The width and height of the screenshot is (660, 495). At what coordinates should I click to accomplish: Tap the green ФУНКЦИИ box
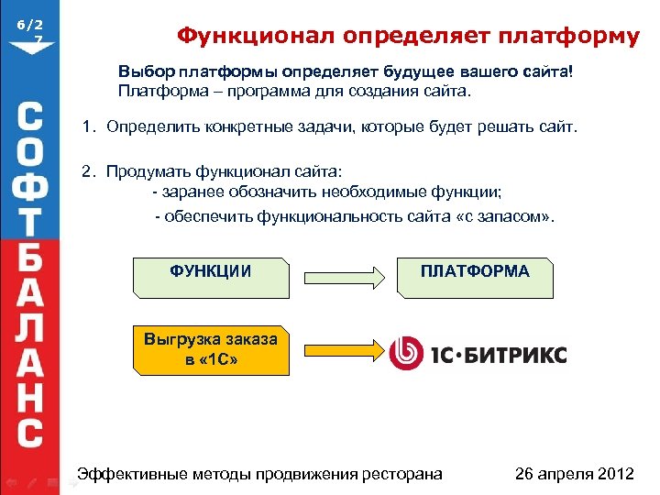point(212,275)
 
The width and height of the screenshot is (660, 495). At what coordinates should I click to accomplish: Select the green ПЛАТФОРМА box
point(475,275)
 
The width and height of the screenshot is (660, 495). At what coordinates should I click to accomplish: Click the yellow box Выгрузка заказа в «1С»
point(211,350)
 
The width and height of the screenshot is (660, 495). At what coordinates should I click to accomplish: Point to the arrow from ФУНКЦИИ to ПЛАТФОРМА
point(345,276)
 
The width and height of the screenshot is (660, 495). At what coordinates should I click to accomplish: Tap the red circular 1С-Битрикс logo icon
point(405,354)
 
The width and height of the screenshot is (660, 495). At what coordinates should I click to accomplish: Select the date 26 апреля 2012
point(575,474)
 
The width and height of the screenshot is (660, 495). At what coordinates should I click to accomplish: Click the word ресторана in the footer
point(398,474)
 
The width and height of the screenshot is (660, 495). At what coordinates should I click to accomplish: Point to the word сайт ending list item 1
point(558,126)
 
